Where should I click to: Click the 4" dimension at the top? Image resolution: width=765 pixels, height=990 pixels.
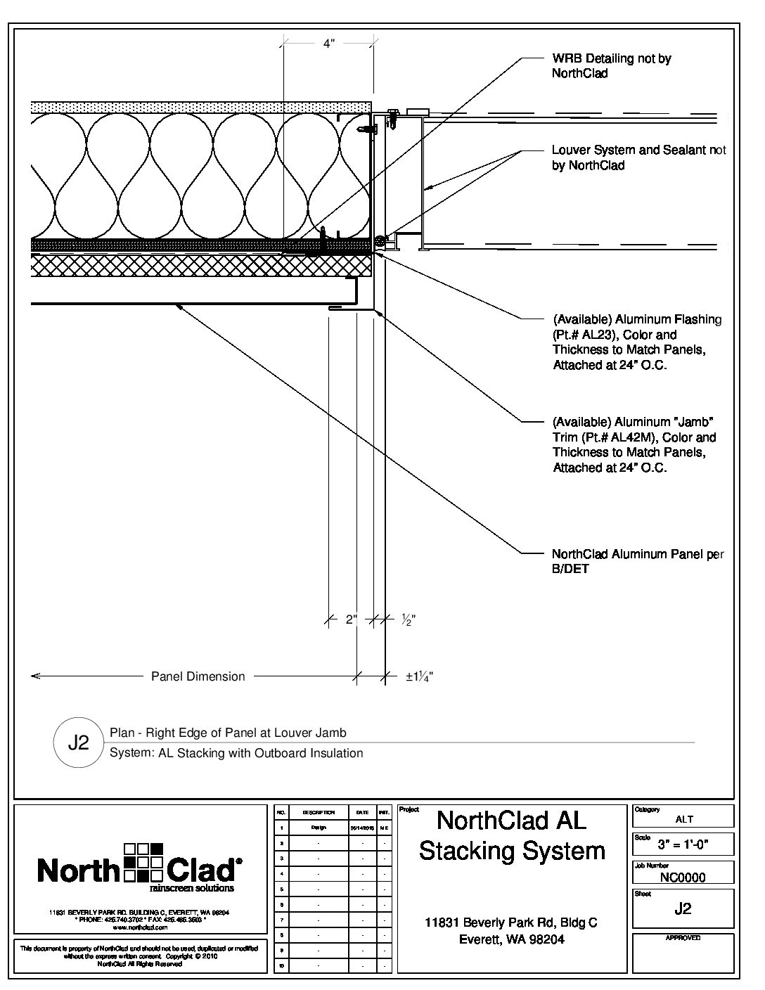coord(328,44)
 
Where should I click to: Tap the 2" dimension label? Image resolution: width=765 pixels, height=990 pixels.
coord(352,620)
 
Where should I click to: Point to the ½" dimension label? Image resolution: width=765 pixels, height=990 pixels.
coord(408,620)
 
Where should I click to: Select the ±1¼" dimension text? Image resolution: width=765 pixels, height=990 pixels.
coord(419,677)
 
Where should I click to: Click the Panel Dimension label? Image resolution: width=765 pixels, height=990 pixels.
coord(198,676)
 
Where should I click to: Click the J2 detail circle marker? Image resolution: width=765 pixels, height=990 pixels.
coord(78,742)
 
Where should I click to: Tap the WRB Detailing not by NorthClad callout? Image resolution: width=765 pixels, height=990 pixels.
coord(611,65)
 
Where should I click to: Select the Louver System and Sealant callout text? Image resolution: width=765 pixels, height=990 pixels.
coord(638,157)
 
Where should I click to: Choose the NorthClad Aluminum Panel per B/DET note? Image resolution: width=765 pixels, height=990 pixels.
coord(638,561)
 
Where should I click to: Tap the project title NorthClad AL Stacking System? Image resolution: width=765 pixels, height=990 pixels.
coord(512,835)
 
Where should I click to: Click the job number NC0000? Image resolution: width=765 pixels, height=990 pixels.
coord(683,877)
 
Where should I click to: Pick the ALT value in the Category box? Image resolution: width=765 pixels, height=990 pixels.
coord(684,819)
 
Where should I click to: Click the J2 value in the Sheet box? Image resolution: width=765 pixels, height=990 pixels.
coord(683,908)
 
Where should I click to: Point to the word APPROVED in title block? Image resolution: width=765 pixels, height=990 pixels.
coord(683,938)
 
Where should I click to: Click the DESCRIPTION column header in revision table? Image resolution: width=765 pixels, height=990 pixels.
coord(319,812)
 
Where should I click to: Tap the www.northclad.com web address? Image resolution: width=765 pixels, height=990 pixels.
coord(137,927)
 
